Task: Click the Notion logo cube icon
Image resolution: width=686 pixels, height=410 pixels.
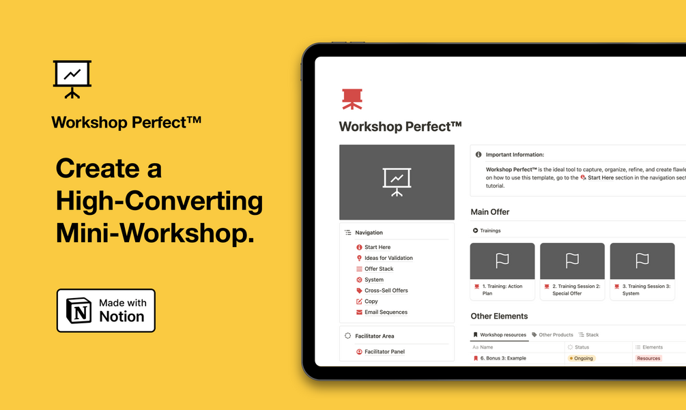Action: [x=78, y=310]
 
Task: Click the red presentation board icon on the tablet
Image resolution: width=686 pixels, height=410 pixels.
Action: [x=352, y=99]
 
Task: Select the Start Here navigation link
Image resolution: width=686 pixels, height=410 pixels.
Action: [x=377, y=248]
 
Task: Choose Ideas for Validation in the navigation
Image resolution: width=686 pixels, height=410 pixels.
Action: [x=388, y=259]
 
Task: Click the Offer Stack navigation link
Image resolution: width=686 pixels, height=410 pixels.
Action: [x=379, y=269]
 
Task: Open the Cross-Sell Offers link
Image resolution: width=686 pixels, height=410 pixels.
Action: [x=386, y=291]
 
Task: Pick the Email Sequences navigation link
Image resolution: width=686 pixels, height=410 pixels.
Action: [x=386, y=312]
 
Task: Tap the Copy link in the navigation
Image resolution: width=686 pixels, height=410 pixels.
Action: [x=371, y=302]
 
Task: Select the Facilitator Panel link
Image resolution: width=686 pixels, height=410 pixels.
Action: [x=384, y=352]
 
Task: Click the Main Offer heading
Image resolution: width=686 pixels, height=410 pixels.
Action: [x=490, y=212]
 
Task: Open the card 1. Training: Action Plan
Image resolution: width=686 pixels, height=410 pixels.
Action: [x=502, y=272]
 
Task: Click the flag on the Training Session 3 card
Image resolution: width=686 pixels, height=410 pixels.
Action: [x=642, y=261]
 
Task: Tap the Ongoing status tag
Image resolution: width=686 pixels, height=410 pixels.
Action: [x=582, y=358]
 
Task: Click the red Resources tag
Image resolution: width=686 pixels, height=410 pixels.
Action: [x=648, y=358]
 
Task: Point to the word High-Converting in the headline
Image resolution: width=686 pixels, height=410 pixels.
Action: [x=159, y=201]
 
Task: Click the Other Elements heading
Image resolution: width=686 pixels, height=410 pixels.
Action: [x=499, y=316]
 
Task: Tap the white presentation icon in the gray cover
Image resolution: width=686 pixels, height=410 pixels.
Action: [x=397, y=182]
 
